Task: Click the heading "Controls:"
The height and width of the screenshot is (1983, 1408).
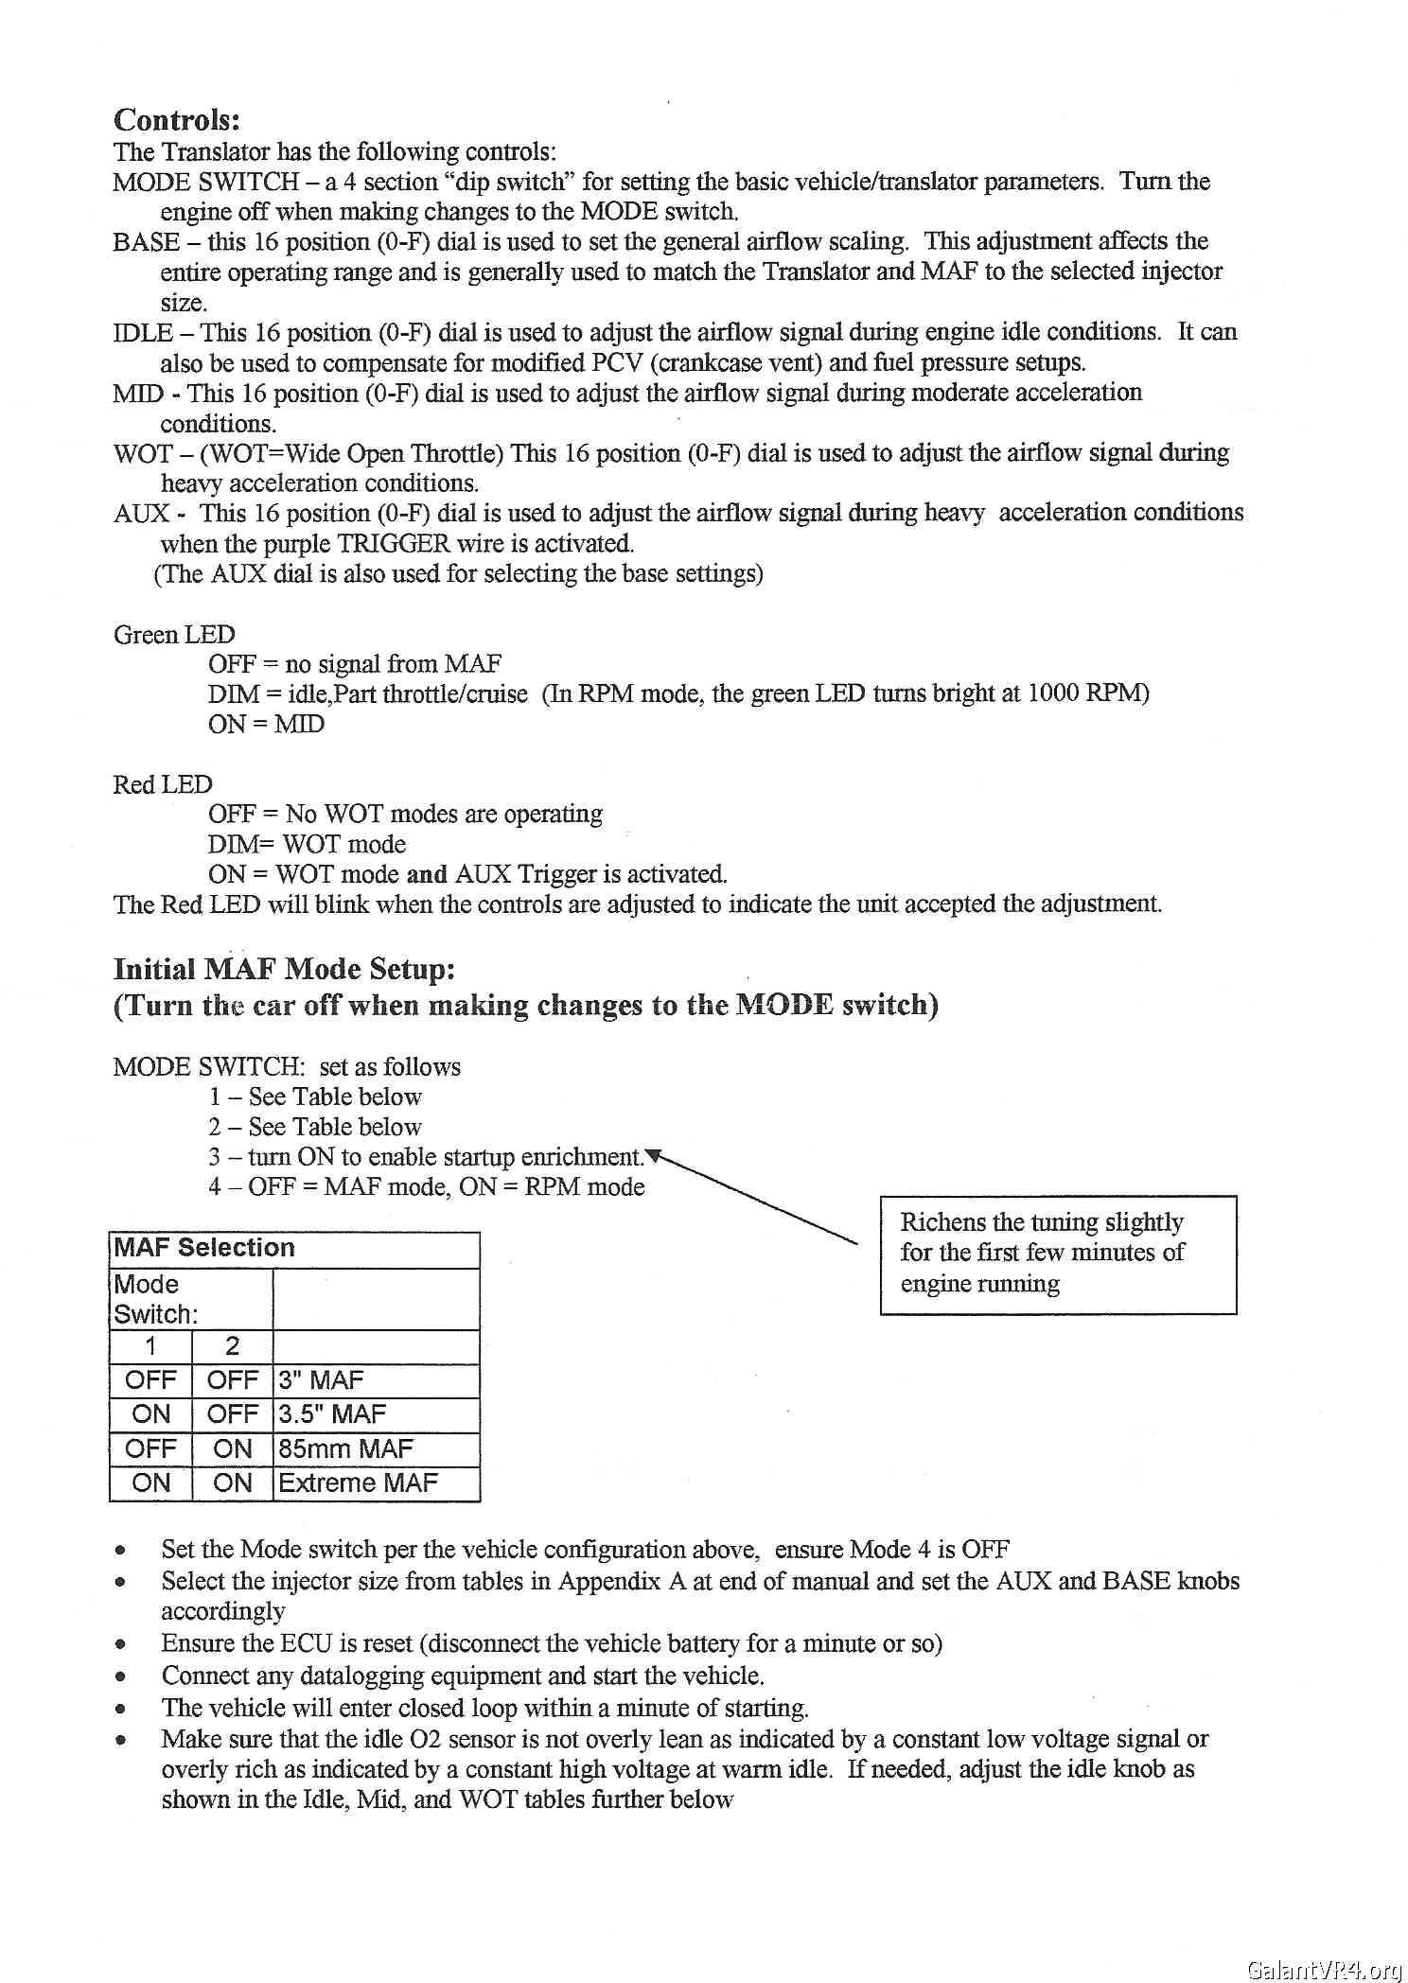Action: pos(177,120)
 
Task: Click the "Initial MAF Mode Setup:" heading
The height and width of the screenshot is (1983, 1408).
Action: pos(284,969)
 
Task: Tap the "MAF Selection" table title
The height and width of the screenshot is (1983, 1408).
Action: pos(204,1248)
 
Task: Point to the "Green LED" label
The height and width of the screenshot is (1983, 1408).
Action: pos(174,634)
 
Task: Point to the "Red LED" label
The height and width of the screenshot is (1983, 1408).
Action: pos(163,784)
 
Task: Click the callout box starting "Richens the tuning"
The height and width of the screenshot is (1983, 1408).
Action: pos(1057,1254)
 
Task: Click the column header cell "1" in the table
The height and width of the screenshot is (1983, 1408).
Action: pos(150,1346)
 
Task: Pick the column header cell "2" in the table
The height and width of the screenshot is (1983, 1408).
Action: pos(232,1346)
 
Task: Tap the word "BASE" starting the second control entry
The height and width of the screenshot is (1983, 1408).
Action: pos(146,242)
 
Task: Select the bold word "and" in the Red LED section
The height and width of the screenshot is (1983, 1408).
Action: pos(426,874)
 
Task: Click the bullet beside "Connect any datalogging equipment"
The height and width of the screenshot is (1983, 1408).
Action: pos(120,1676)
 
